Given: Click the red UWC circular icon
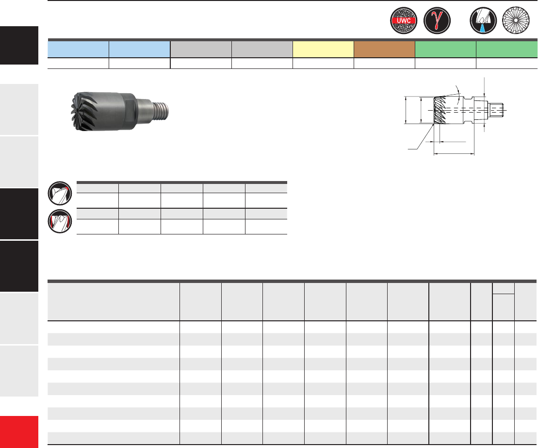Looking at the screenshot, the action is [404, 20].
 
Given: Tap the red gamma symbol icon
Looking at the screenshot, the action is [437, 20].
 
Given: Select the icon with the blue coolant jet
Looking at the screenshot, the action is [483, 20].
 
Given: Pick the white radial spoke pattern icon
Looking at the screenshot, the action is [516, 20].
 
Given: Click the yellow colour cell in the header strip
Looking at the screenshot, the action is [323, 50].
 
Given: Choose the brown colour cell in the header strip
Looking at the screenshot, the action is [384, 50].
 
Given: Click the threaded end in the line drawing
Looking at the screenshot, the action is [496, 110].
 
